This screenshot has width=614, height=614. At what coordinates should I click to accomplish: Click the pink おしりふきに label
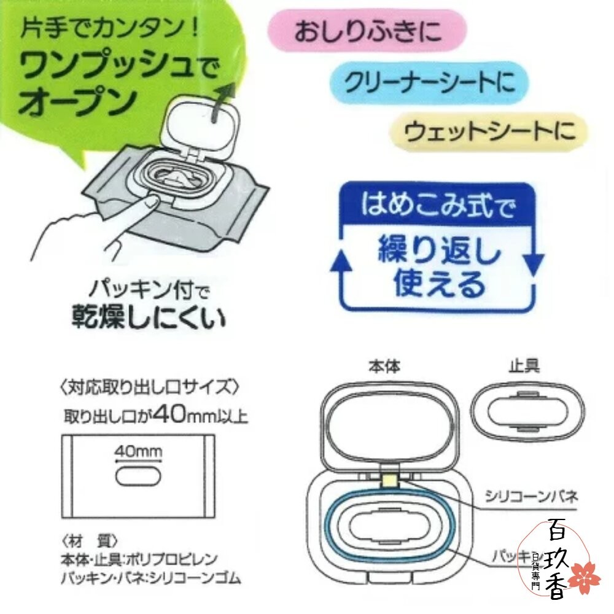pos(367,31)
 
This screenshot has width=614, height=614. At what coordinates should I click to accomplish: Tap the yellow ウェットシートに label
pos(489,131)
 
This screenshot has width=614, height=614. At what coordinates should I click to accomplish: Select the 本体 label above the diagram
pos(384,367)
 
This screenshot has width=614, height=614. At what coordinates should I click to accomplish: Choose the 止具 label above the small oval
pos(524,366)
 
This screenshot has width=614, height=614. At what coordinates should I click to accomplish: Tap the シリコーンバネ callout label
pos(531,497)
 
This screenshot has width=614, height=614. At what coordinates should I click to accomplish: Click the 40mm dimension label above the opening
pos(138,452)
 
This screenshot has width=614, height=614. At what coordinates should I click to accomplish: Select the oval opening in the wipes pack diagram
pos(138,476)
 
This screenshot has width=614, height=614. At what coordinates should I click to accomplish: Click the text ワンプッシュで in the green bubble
pos(119,66)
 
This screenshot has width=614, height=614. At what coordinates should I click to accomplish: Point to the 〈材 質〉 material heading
pos(89,542)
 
